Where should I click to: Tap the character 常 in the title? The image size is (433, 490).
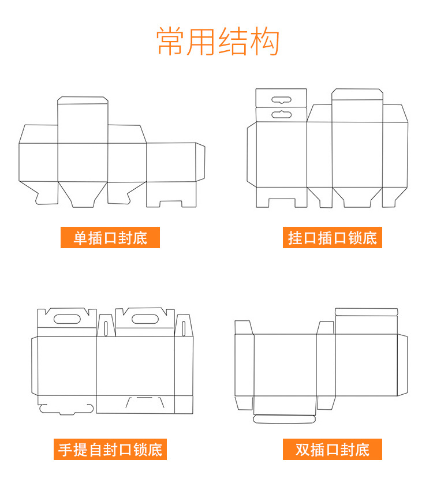point(171,42)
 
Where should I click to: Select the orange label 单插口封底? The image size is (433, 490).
point(110,237)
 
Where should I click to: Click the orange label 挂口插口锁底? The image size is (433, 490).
point(333,237)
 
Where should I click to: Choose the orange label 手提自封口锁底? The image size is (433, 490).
point(110,448)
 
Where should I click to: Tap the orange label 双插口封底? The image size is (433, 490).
point(333,448)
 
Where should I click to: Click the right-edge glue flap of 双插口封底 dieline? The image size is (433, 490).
point(402,365)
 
